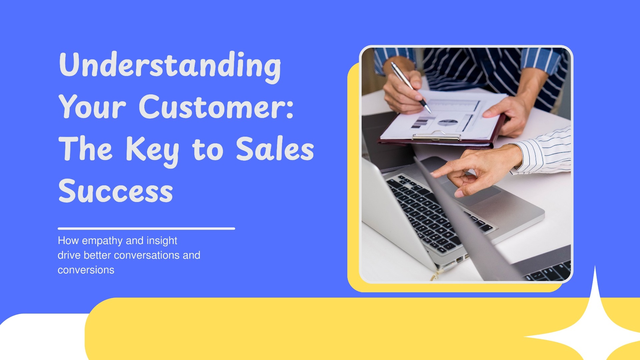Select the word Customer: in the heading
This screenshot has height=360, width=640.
point(216,107)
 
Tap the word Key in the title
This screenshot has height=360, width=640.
point(153,150)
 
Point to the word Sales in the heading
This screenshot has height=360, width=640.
point(275,149)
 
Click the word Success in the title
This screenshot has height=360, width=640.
point(116,191)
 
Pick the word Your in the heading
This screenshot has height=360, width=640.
point(93,107)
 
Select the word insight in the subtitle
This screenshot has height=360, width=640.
point(162,240)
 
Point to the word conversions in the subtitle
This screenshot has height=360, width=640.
point(86,270)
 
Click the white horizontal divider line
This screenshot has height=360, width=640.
point(146,229)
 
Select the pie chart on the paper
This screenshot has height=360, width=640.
point(447,123)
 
